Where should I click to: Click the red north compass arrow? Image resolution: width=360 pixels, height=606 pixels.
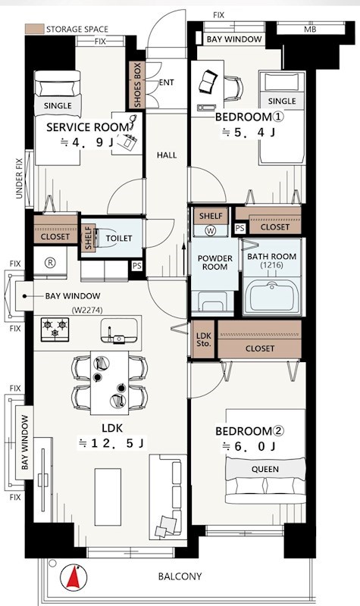74,578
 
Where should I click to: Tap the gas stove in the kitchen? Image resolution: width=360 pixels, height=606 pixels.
55,330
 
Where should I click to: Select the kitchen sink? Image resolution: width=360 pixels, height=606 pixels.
119,331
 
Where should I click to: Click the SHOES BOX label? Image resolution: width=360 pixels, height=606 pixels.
138,85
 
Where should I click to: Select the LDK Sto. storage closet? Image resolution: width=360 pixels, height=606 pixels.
203,339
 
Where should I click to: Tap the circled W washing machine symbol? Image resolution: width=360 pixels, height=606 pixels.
211,231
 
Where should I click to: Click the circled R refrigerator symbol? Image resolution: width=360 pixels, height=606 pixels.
50,263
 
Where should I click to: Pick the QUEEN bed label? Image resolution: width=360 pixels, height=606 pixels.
265,469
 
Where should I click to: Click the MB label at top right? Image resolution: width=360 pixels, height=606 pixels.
310,30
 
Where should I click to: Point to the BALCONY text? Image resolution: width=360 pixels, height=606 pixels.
180,576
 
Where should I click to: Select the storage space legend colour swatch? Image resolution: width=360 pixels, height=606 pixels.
34,29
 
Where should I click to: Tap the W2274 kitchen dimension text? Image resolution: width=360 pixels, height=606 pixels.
87,310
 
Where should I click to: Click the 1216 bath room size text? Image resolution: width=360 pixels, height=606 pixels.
271,265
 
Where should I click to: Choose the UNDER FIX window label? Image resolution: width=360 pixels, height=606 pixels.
19,179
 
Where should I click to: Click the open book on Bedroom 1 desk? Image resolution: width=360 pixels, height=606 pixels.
208,81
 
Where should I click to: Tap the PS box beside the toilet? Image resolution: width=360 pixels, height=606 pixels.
137,266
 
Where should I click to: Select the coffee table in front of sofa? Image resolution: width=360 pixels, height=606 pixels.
108,497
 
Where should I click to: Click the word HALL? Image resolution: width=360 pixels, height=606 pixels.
167,155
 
